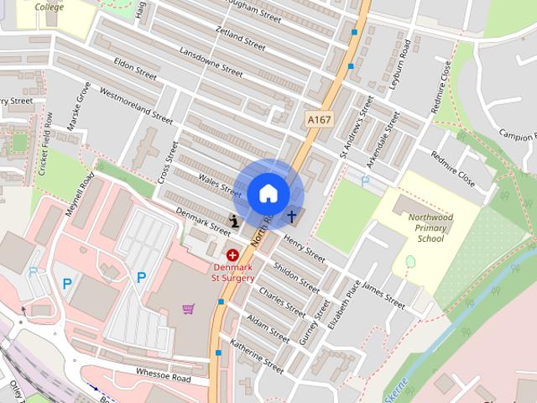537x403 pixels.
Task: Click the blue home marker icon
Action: tap(268, 193)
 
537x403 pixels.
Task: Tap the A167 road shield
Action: tap(320, 119)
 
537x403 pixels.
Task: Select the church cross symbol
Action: tap(293, 217)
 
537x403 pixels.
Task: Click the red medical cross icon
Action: tap(232, 254)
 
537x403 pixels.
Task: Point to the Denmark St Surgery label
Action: tap(232, 272)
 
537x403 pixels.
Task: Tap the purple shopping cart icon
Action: tap(188, 309)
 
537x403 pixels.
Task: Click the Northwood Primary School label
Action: tap(430, 228)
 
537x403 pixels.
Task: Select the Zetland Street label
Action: tap(240, 38)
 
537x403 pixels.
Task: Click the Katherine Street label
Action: tap(257, 356)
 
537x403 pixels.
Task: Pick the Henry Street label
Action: tap(305, 249)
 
